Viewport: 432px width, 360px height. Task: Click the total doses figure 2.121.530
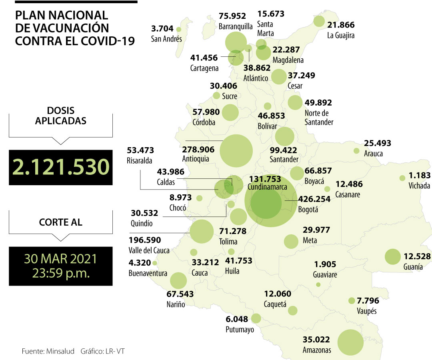coord(61,167)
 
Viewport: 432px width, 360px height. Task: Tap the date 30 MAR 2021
coord(61,259)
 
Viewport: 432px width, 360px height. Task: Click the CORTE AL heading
coord(61,222)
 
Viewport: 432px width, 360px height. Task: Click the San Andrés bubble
coord(178,29)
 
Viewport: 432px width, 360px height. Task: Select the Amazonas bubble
coord(350,342)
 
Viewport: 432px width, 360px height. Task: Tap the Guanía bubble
coord(392,256)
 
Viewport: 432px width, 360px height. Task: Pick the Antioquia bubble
coord(236,151)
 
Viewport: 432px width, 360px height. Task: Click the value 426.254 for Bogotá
coord(314,199)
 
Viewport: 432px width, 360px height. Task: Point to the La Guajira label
coord(340,36)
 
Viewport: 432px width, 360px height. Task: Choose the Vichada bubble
coord(402,178)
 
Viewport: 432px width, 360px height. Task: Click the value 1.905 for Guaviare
coord(325,264)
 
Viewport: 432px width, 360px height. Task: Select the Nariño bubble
coord(178,280)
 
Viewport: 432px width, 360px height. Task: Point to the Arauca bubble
coord(356,151)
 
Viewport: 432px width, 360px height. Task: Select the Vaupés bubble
coord(352,301)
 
